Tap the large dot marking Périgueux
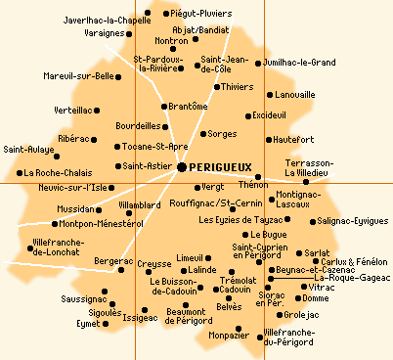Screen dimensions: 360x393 [x=183, y=168]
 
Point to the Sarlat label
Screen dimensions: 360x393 [x=318, y=252]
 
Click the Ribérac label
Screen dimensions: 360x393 [x=73, y=139]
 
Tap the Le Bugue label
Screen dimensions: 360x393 [x=270, y=235]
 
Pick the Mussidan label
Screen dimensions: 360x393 [x=77, y=209]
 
